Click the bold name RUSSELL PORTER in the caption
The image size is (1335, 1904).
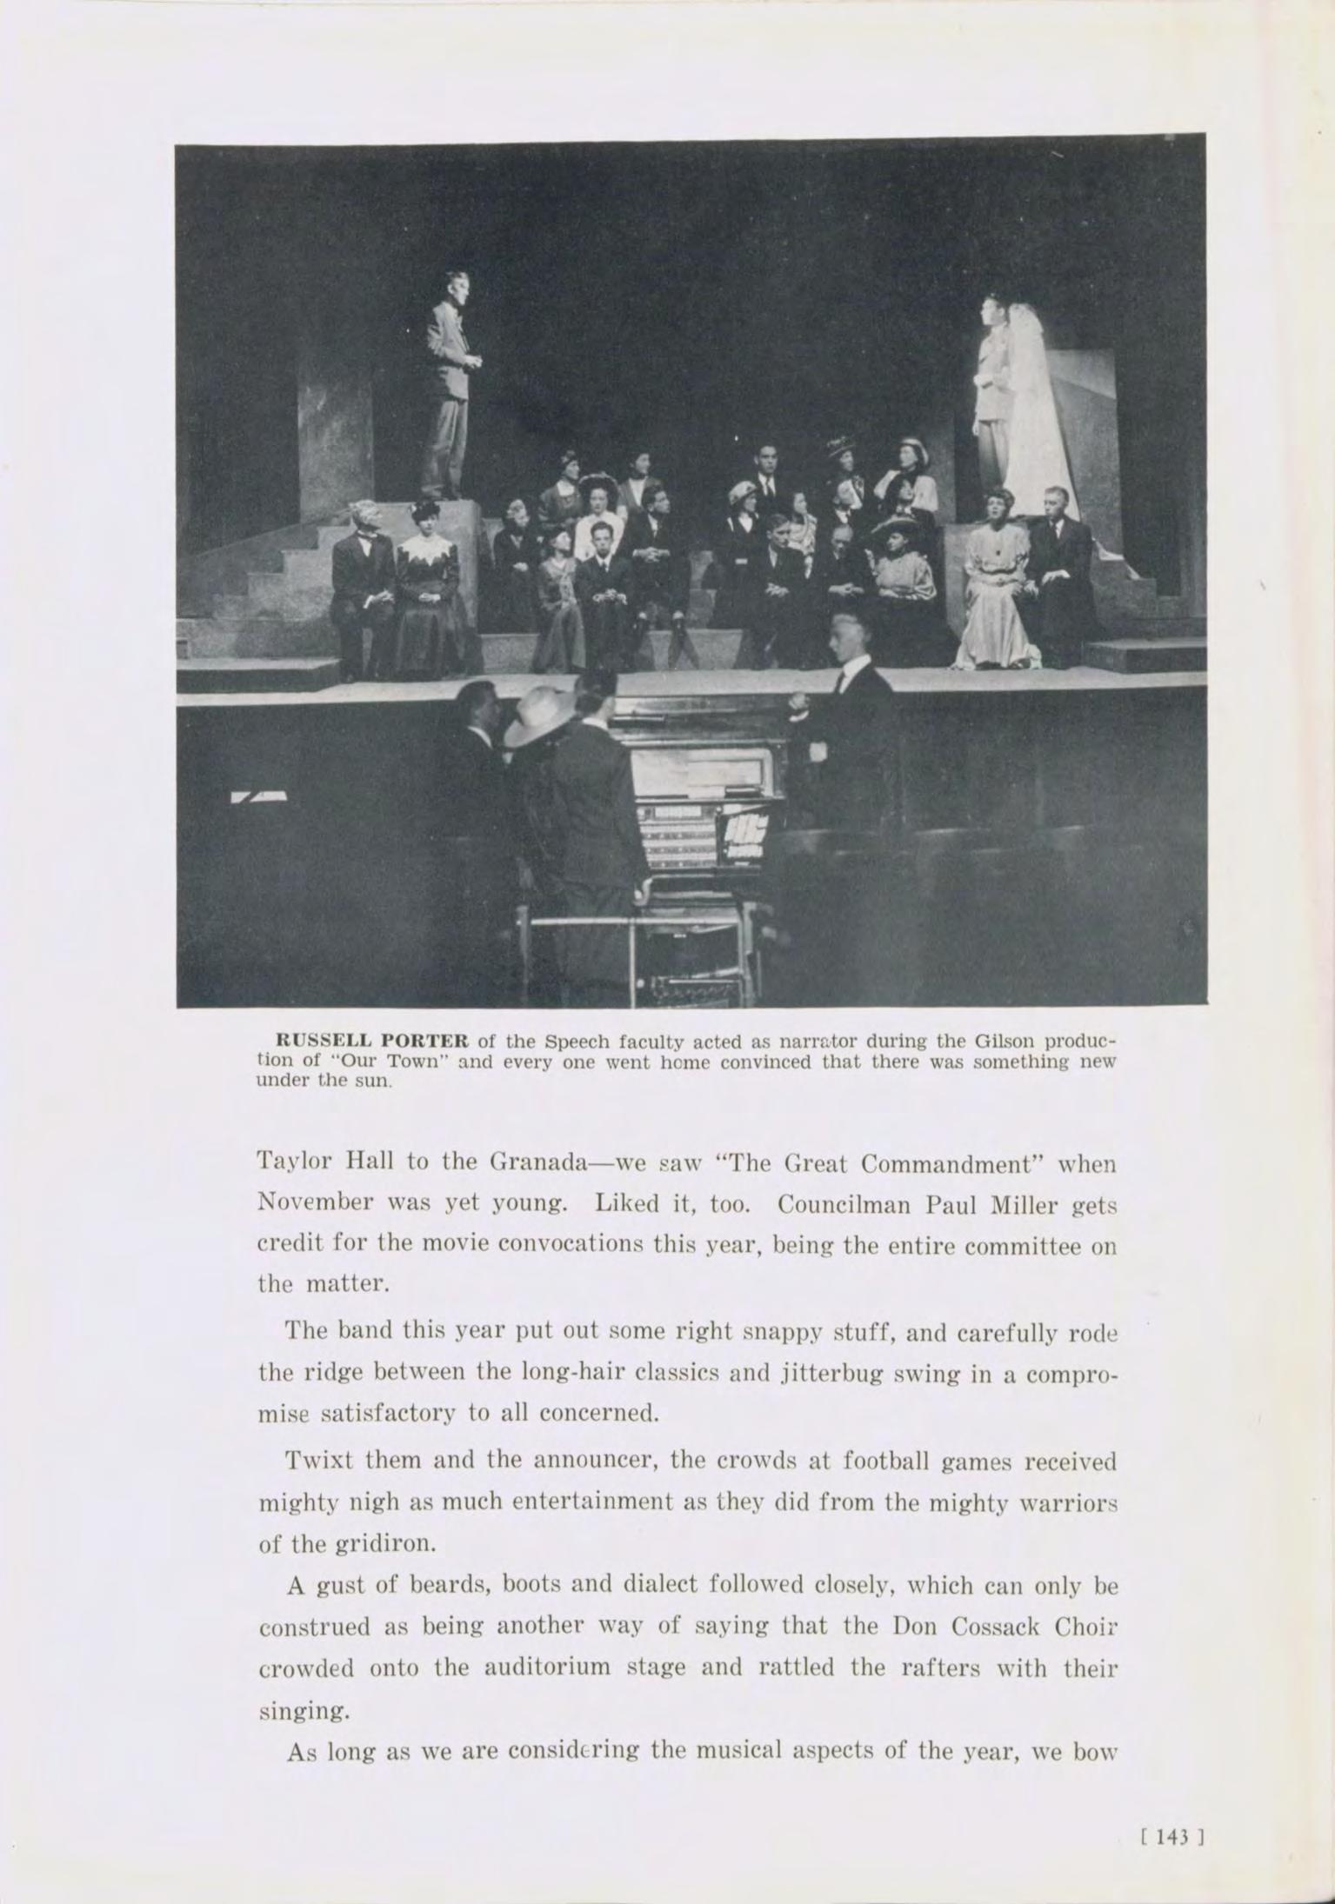(372, 1041)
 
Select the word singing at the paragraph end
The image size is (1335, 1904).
(304, 1711)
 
